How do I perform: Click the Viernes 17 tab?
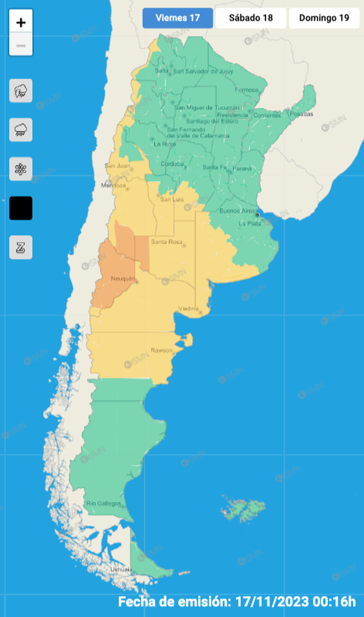[x=177, y=18]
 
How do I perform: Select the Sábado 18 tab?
[x=251, y=18]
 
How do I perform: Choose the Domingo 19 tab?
[x=324, y=18]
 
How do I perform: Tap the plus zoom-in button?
[x=21, y=23]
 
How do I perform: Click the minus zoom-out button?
[x=21, y=45]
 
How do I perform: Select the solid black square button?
[x=21, y=208]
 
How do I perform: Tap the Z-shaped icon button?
[x=21, y=247]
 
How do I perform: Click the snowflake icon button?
[x=21, y=169]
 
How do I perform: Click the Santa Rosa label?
[x=166, y=242]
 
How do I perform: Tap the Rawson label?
[x=161, y=350]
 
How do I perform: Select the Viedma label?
[x=188, y=308]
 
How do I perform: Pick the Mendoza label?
[x=115, y=186]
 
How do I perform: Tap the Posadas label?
[x=302, y=114]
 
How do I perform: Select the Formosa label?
[x=246, y=90]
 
